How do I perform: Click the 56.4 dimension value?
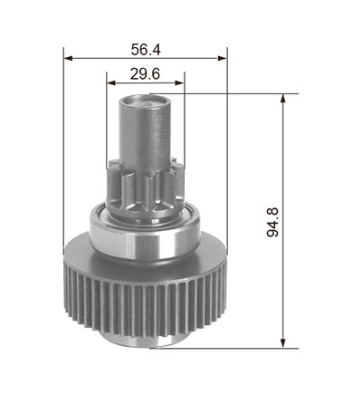[x=146, y=50]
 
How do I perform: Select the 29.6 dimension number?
[x=145, y=74]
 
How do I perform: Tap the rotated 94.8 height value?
[x=273, y=222]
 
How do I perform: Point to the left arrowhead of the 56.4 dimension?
[x=69, y=58]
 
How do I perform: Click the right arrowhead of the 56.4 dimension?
[x=222, y=58]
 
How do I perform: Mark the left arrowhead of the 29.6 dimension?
[x=111, y=82]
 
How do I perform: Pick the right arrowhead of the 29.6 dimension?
[x=179, y=82]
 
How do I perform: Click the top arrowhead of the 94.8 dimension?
[x=282, y=99]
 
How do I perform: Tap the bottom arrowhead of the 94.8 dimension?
[x=282, y=343]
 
